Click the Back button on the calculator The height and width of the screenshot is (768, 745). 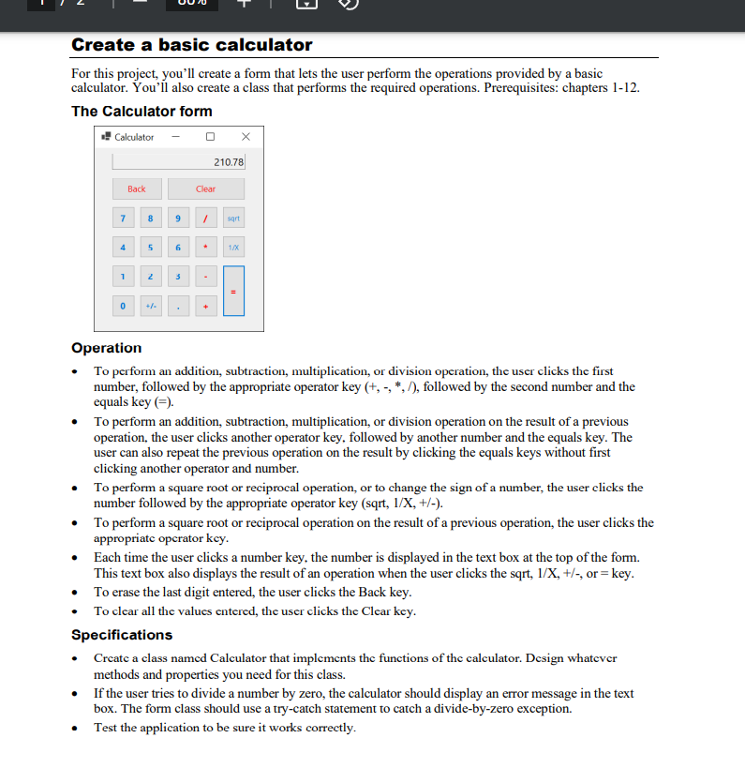(x=137, y=188)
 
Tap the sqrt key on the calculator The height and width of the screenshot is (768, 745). (x=233, y=218)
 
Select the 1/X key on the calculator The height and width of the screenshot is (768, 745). (x=233, y=248)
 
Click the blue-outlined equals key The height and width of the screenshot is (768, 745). (x=233, y=291)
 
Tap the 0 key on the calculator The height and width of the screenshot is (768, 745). (x=122, y=306)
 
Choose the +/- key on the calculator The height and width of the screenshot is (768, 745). (x=150, y=306)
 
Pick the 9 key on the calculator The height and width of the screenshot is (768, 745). (x=177, y=218)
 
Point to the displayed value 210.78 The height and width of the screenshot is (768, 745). (x=228, y=162)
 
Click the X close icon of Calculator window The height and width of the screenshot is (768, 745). (x=246, y=137)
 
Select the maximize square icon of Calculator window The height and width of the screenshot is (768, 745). (x=211, y=137)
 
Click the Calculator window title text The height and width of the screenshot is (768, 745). (x=134, y=137)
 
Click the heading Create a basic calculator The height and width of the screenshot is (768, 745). (x=192, y=45)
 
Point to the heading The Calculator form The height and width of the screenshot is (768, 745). (x=142, y=111)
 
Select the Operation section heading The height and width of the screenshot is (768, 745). (x=107, y=348)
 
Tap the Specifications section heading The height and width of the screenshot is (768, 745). (x=122, y=635)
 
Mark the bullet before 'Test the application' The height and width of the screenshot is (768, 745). (x=76, y=729)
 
